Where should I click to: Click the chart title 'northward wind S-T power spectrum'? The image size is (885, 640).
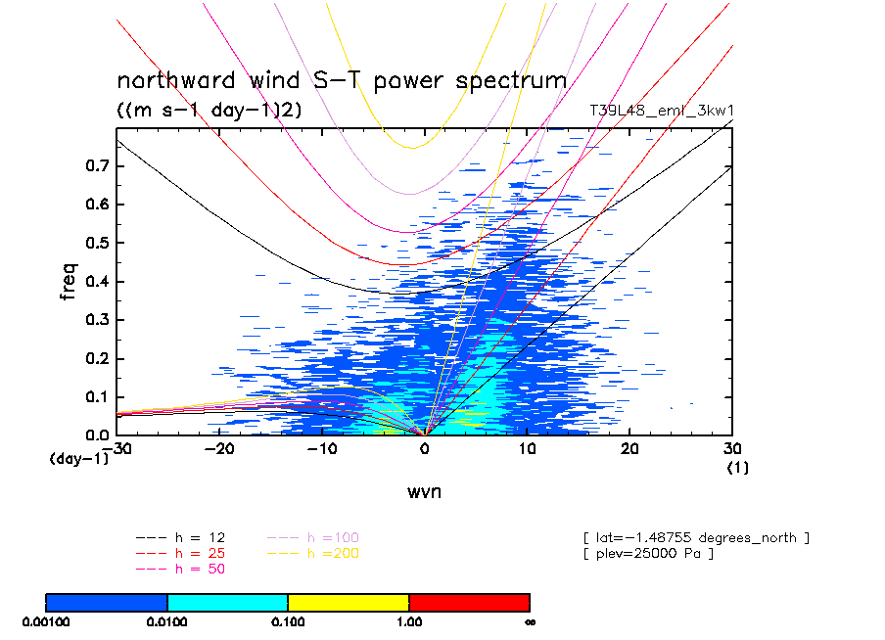click(x=342, y=80)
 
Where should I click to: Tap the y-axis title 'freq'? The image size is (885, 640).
click(x=68, y=281)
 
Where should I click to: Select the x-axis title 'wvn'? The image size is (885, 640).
click(x=424, y=491)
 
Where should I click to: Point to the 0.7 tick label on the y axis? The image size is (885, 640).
click(x=95, y=166)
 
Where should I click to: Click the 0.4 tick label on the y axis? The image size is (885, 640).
click(x=95, y=282)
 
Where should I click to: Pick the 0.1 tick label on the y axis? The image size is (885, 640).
click(x=95, y=396)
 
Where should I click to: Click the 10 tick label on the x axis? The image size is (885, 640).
click(x=528, y=448)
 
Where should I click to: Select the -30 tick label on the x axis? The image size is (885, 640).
click(x=119, y=448)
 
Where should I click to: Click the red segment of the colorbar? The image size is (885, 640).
click(x=469, y=601)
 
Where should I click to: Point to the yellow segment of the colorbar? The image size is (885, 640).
click(x=348, y=601)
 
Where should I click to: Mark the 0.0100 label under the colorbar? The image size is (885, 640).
click(x=167, y=621)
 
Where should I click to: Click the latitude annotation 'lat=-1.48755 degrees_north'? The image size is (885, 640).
click(x=696, y=538)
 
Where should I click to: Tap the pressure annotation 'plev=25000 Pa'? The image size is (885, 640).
click(x=647, y=554)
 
